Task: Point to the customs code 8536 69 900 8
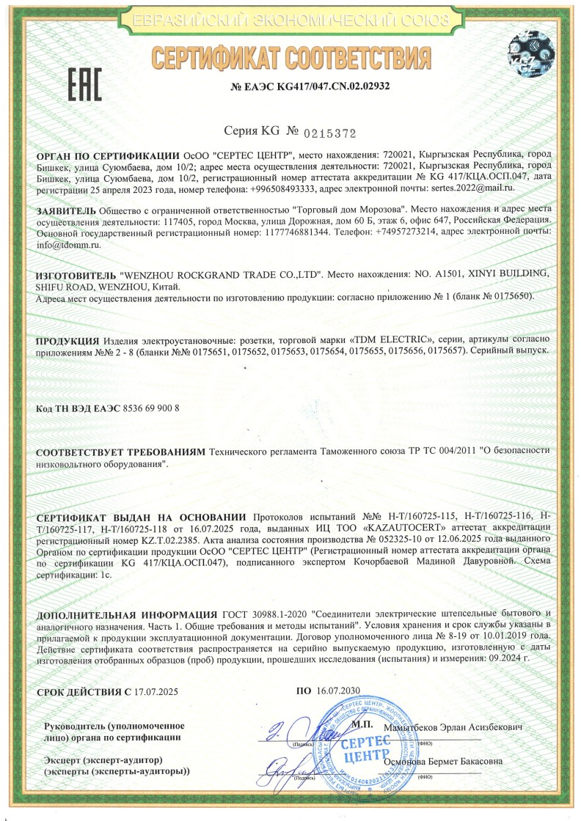145,408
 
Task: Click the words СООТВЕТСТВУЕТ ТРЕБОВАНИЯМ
121,454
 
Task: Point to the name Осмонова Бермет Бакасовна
443,762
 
